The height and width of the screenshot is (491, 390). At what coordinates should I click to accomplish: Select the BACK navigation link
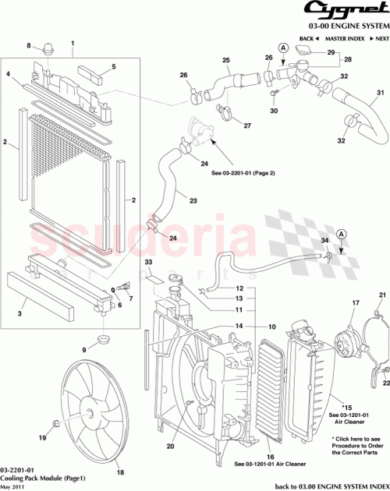(308, 37)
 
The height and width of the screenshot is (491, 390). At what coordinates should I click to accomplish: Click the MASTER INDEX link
(343, 37)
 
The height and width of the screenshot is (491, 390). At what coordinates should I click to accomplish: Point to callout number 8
(30, 47)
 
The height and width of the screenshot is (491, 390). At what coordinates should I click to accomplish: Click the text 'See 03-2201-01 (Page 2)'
(243, 172)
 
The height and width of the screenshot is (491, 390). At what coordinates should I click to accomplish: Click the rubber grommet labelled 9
(101, 341)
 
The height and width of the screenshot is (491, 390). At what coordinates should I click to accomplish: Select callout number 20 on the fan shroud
(170, 446)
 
